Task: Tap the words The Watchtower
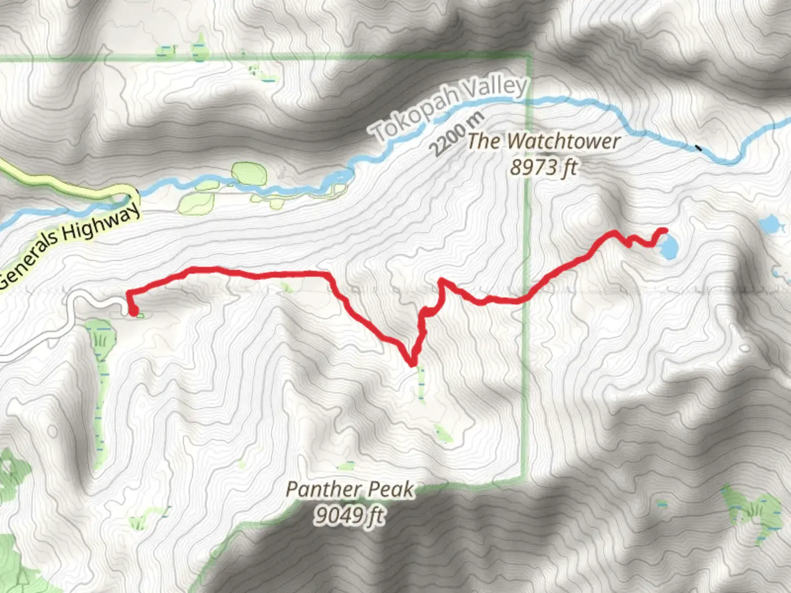544,142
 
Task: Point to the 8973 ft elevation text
543,166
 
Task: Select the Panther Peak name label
350,489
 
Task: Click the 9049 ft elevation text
349,515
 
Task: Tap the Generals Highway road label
68,247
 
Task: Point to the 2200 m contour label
456,134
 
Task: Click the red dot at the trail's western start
133,311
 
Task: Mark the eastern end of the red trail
664,231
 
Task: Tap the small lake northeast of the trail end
770,224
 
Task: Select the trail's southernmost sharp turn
411,363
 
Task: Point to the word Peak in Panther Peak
392,489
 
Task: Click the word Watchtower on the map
564,142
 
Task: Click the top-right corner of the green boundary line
528,55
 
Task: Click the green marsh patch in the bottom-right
753,511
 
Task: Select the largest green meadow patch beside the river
249,174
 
